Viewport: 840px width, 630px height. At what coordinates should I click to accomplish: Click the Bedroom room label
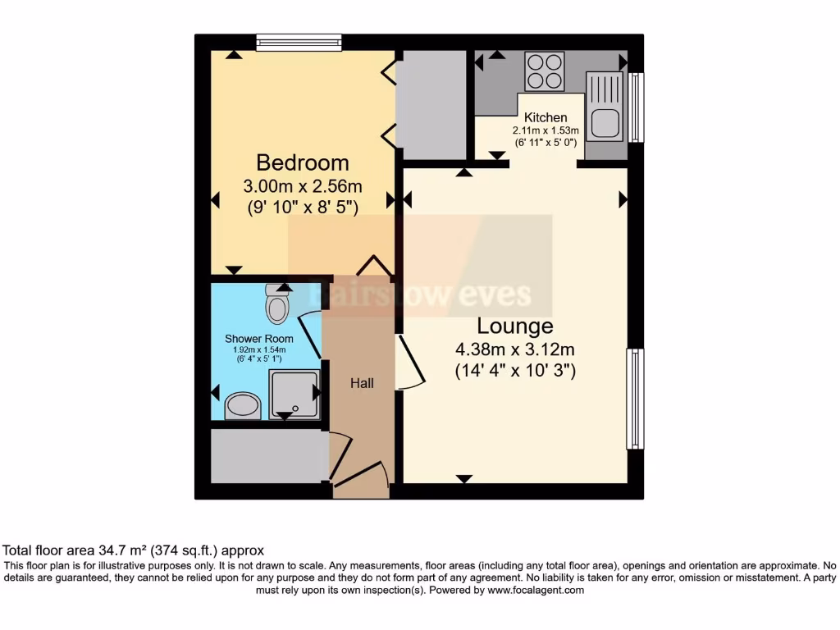(302, 162)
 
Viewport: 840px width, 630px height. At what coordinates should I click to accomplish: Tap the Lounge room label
(514, 326)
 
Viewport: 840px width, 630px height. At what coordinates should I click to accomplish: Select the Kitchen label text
(546, 117)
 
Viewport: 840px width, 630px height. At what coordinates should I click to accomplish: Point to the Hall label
(362, 383)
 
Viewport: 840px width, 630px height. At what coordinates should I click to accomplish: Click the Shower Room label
(258, 339)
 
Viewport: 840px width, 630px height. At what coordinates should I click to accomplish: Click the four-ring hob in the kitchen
(545, 71)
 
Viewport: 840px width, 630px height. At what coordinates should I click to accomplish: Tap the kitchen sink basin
(606, 121)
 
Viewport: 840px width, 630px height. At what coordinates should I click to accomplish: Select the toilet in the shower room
(277, 307)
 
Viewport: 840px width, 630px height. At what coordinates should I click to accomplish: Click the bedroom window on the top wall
(299, 42)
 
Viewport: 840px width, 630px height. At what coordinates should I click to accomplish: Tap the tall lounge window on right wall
(635, 399)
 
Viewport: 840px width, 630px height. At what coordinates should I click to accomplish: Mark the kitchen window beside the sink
(637, 107)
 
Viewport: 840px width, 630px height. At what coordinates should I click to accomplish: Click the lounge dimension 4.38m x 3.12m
(514, 349)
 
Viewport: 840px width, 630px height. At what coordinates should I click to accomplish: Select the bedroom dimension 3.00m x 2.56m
(302, 185)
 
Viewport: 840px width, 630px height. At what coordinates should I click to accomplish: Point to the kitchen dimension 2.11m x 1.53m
(546, 130)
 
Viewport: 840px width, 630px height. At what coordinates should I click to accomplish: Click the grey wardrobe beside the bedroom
(431, 105)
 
